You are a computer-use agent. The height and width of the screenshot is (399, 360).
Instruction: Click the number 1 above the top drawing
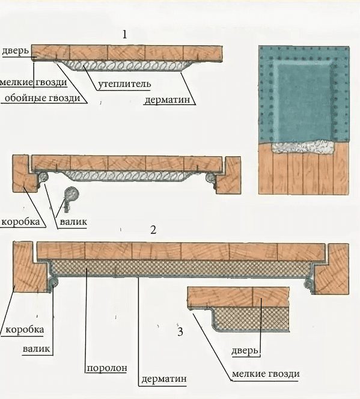[124, 34]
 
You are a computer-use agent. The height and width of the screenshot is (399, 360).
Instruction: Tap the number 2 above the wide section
[153, 230]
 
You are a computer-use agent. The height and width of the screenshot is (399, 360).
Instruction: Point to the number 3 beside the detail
[180, 332]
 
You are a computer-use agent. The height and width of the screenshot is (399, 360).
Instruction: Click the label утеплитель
[124, 84]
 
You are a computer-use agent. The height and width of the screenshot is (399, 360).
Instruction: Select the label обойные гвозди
[43, 98]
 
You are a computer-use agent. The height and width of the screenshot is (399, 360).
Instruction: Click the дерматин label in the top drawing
[167, 100]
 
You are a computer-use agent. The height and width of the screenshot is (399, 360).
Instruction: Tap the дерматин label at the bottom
[164, 379]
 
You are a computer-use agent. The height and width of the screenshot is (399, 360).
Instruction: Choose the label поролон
[107, 368]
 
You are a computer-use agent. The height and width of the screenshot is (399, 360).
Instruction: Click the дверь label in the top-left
[15, 50]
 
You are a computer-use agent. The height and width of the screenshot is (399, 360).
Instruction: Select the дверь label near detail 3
[245, 351]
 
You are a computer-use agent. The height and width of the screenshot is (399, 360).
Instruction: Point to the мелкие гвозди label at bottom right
[266, 374]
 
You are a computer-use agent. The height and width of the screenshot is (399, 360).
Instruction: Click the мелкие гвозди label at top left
[33, 82]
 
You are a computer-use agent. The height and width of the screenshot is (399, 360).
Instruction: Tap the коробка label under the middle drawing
[20, 222]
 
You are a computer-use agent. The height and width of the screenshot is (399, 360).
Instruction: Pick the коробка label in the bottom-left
[25, 329]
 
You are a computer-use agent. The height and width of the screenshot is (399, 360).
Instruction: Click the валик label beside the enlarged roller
[73, 222]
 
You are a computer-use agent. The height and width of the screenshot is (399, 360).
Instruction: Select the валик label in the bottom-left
[37, 349]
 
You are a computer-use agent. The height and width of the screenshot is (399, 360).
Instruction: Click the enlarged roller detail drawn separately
[71, 198]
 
